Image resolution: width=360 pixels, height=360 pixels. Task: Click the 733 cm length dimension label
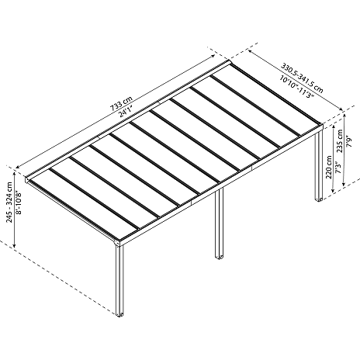pos(122,104)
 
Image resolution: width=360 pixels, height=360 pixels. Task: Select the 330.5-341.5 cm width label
pos(302,78)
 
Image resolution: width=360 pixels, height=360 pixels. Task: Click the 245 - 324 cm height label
pos(9,202)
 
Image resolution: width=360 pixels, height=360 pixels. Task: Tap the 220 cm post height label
pos(329,167)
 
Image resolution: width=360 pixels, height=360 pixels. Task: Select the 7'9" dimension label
pos(349,141)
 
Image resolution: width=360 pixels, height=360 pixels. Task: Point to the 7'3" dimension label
pos(338,168)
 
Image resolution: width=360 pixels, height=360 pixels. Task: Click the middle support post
pos(220,223)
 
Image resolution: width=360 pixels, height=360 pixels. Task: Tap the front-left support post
pos(119,280)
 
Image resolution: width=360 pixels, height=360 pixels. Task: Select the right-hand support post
pos(319,165)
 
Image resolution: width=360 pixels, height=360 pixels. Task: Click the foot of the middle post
pos(220,257)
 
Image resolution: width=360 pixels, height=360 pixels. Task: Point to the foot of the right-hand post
pos(319,199)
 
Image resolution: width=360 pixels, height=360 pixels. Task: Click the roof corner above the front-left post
pos(118,243)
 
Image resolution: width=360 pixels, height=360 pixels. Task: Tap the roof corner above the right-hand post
pos(320,126)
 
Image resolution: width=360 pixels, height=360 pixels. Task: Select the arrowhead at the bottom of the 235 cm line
pos(344,184)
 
